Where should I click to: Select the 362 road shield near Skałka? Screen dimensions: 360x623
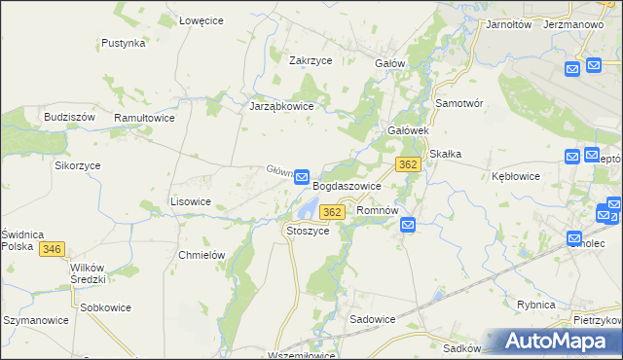coord(408,164)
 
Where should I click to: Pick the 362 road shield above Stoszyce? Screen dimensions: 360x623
coord(332,212)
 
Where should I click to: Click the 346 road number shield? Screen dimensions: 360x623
coord(53,250)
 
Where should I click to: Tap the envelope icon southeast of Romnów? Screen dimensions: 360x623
coord(408,226)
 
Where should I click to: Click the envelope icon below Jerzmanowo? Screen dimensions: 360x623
coord(572,67)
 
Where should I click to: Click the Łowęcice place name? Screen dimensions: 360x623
coord(203,18)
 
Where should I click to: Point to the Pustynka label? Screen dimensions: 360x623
coord(124,43)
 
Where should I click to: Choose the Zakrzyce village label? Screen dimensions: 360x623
coord(311,59)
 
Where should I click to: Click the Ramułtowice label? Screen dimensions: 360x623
coord(144,117)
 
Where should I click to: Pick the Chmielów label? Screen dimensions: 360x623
coord(202,255)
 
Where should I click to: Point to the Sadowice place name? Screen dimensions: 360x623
coord(372,318)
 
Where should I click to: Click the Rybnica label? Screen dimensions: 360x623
coord(536,305)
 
